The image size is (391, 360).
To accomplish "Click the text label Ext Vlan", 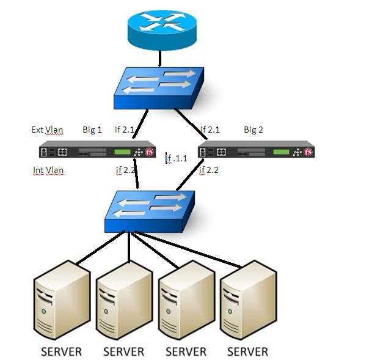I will [47, 130].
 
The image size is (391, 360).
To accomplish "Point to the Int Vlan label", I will [48, 171].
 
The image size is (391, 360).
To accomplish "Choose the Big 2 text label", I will [254, 130].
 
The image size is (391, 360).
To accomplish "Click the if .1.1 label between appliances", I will [177, 159].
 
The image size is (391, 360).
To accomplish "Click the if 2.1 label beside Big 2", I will [210, 130].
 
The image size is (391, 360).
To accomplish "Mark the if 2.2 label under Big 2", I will [209, 171].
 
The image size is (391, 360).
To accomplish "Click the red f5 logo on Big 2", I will [309, 152].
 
